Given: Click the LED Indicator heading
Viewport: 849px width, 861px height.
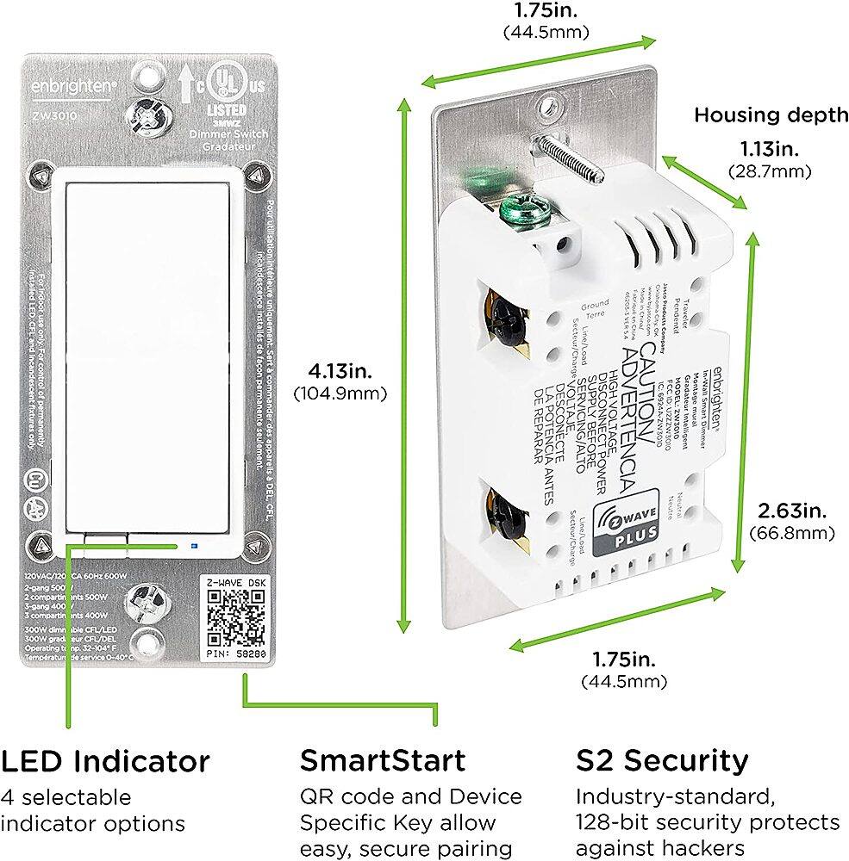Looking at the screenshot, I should pyautogui.click(x=105, y=761).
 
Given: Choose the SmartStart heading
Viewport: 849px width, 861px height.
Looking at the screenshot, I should pyautogui.click(x=383, y=761).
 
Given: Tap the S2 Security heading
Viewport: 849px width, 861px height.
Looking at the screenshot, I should pyautogui.click(x=662, y=761).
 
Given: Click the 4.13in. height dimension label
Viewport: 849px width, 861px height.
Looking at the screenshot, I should pyautogui.click(x=340, y=372).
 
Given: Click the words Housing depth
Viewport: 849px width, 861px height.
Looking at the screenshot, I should pyautogui.click(x=771, y=115).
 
